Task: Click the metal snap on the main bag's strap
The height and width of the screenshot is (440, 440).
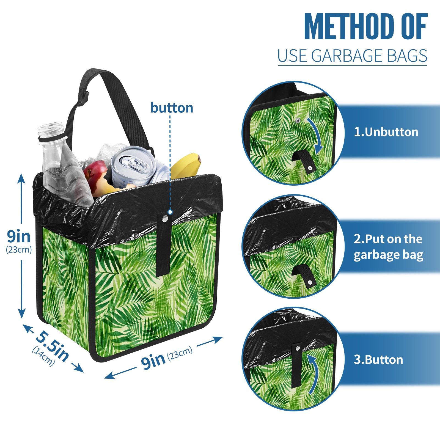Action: [165, 219]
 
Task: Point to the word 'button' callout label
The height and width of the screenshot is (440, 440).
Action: [172, 108]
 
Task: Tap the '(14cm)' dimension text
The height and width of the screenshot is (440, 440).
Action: [43, 356]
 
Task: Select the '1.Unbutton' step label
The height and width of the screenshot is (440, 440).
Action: [386, 132]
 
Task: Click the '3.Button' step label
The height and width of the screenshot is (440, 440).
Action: [378, 360]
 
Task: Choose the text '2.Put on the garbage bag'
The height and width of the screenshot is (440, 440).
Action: [388, 247]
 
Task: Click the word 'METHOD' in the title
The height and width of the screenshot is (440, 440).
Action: [349, 27]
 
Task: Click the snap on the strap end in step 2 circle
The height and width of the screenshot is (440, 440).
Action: [310, 282]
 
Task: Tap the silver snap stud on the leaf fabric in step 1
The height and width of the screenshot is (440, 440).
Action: [298, 120]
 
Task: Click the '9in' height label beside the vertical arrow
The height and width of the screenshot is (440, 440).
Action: [19, 236]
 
